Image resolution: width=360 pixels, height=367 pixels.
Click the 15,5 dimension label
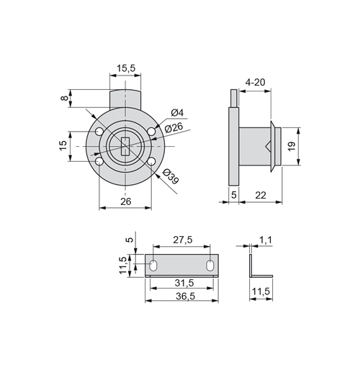(126, 68)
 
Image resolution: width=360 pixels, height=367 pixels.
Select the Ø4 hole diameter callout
(177, 112)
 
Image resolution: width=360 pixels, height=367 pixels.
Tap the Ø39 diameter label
(171, 176)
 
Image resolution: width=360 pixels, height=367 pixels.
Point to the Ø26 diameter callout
(174, 127)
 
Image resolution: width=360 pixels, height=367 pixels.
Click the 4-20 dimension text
(255, 83)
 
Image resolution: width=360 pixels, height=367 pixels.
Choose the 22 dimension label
(261, 196)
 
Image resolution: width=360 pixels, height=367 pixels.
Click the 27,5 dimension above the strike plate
(183, 240)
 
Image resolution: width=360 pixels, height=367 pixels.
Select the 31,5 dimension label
(184, 283)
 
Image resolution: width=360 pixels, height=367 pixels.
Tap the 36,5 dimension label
(185, 296)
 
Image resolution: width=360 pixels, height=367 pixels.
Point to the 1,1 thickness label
(265, 240)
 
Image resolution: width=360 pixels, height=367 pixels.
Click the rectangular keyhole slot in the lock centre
(125, 146)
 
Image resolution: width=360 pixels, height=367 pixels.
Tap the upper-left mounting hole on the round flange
(99, 132)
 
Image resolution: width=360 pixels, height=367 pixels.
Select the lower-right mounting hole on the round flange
(151, 162)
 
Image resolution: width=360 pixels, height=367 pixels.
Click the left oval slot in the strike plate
(153, 266)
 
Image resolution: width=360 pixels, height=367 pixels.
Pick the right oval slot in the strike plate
(210, 266)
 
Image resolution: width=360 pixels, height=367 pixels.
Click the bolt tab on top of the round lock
(125, 99)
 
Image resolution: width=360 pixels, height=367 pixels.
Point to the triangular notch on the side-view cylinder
(268, 146)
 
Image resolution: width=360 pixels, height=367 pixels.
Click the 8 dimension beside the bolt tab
(64, 98)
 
